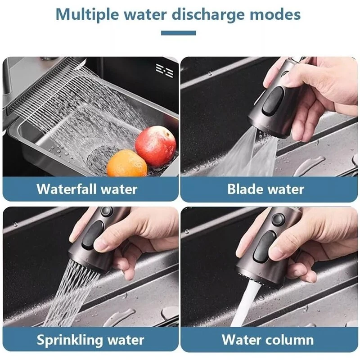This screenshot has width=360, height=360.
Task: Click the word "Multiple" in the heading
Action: coord(87,15)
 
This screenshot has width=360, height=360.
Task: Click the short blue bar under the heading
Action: coord(178,33)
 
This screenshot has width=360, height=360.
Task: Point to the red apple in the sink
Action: coord(155,146)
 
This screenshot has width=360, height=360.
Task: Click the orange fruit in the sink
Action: coord(127,163)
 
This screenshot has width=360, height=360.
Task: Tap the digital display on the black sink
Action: coord(164,71)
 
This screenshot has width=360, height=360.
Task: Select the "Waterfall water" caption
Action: coord(87,189)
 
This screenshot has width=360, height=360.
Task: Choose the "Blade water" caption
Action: coord(265,189)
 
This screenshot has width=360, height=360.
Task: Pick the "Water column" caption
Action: coord(267,340)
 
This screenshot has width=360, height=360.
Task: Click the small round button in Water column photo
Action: coord(278,219)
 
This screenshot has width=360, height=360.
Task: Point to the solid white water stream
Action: coord(246,302)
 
